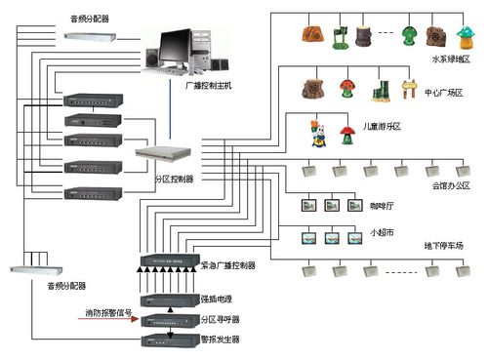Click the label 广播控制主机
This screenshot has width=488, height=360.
tap(209, 86)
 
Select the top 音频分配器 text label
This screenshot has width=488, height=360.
tap(91, 19)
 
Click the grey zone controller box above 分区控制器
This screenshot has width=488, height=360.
tap(158, 154)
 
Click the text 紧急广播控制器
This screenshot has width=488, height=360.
tap(228, 265)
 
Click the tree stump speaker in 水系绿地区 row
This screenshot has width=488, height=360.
tap(367, 38)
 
